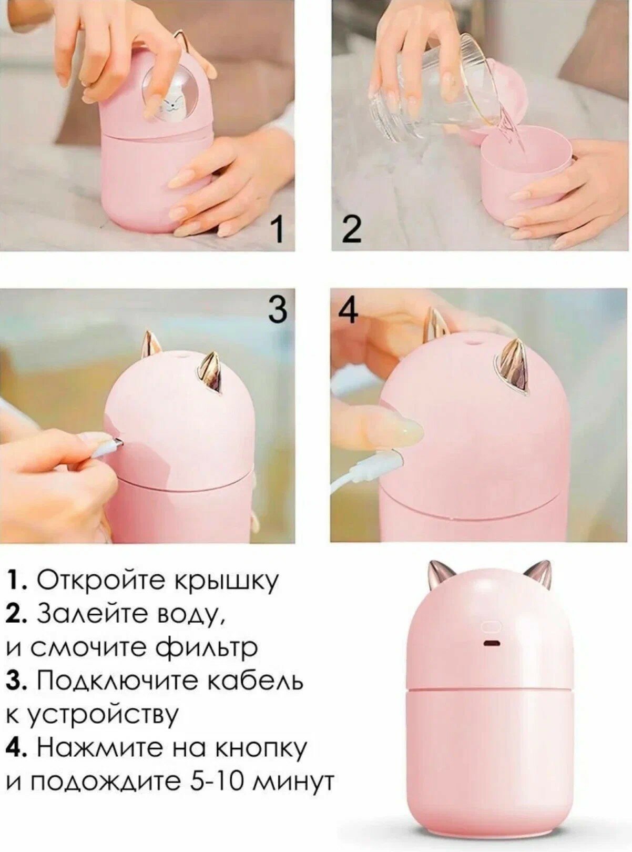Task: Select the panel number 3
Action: [x=278, y=310]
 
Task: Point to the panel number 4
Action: [x=348, y=310]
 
